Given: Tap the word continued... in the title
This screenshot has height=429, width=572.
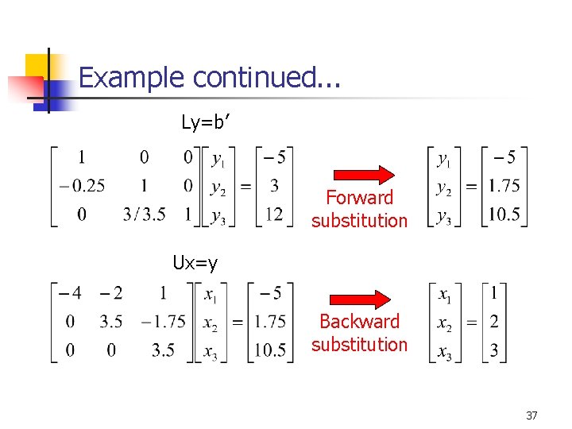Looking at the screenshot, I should pos(266,78).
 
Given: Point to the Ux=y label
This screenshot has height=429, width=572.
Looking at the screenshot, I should pos(195,263).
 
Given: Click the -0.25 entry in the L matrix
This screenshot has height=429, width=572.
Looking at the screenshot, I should pos(82,187).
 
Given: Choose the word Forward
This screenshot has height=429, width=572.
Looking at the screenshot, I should pos(360,198).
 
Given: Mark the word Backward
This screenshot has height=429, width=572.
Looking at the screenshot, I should pos(359,322).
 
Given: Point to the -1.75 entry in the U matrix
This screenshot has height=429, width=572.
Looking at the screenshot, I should pos(164,322).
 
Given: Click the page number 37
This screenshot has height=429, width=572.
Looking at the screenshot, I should pos(532,415).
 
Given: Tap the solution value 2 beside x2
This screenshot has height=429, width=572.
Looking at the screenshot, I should pos(495,322).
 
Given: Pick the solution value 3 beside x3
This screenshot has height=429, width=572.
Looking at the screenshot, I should pos(495,350).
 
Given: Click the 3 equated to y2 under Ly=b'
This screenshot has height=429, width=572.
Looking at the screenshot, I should pos(272,187).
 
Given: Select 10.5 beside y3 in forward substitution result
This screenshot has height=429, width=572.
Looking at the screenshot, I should pos(504,214).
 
